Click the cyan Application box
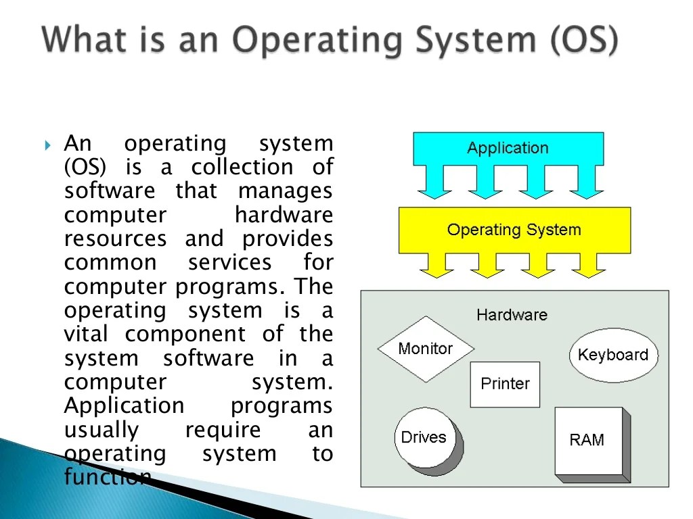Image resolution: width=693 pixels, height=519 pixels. click(508, 149)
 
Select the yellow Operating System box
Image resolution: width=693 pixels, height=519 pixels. click(514, 230)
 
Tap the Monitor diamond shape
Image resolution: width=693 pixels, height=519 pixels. click(426, 349)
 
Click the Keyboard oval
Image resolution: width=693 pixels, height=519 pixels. click(613, 355)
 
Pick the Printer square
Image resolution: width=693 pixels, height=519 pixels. click(505, 384)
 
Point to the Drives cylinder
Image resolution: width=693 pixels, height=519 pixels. click(425, 438)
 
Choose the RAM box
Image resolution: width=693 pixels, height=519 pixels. click(587, 441)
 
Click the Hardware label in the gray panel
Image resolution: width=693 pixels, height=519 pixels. click(512, 315)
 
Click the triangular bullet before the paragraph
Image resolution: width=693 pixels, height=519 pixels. click(47, 145)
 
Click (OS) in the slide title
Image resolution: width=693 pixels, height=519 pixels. click(583, 41)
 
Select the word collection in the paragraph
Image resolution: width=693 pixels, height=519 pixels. click(242, 168)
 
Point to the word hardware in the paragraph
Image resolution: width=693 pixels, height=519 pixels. click(284, 216)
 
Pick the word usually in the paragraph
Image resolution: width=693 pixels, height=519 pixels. click(102, 430)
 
